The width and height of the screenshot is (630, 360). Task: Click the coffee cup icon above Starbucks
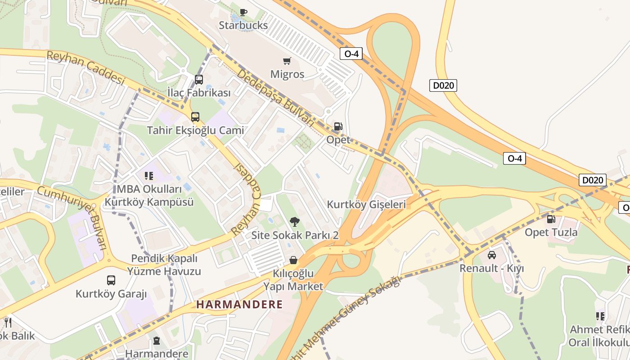pos(243,12)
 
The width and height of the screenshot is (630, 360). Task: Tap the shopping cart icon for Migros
pos(287,61)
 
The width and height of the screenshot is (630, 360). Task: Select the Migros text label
pos(287,74)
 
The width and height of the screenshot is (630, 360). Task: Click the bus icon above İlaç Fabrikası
pos(199,80)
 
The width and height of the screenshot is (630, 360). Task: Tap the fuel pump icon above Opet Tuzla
pos(551,219)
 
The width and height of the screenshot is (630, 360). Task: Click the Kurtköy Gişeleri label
pos(366,204)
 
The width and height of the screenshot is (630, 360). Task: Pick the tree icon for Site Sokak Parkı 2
pos(295,221)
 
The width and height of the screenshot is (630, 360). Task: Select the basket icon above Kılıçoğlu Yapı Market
pos(293,260)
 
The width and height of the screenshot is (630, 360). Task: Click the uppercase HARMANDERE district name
pos(239,305)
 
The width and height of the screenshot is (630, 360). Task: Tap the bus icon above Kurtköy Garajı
pos(111,280)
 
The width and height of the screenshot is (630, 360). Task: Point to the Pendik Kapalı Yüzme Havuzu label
pos(164,265)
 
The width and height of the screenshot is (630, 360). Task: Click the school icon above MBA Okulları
pos(148,176)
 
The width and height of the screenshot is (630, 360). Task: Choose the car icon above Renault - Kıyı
pos(492,255)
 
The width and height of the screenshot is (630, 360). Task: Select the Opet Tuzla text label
pos(551,233)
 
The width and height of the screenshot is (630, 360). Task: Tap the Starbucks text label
pos(243,25)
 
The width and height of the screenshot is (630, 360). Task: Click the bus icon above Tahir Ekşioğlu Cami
pos(195,117)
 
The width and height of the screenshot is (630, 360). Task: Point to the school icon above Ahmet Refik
pos(600,316)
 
